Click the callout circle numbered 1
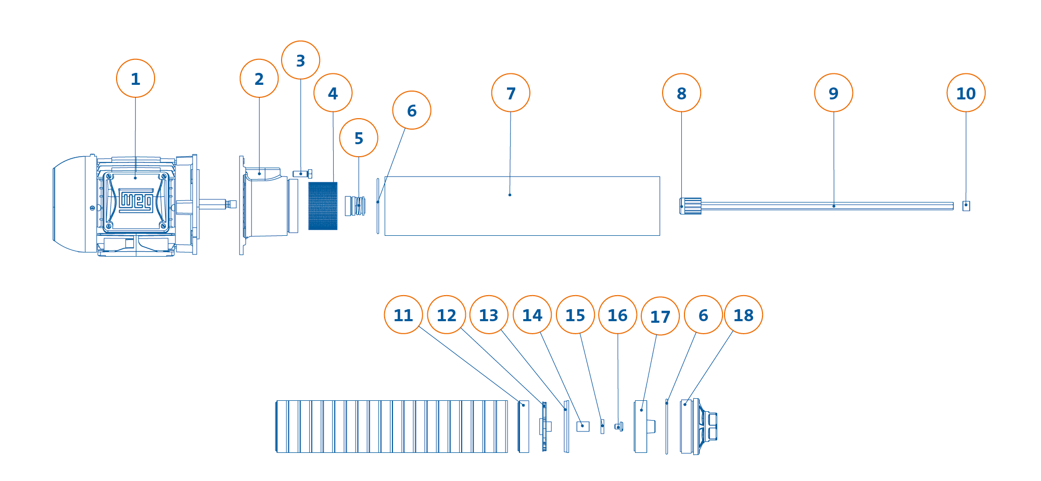click(135, 79)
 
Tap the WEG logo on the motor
click(136, 200)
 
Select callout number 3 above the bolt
click(300, 60)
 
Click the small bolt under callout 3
click(302, 174)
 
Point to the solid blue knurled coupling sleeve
click(323, 206)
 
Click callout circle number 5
click(359, 138)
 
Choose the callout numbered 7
click(511, 93)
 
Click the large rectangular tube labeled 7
click(522, 206)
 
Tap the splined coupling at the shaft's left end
click(690, 206)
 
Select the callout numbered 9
click(833, 93)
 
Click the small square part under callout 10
click(966, 206)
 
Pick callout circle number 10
click(966, 93)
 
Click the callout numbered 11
click(403, 315)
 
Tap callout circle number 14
click(532, 315)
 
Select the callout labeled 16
click(618, 315)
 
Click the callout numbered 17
click(660, 317)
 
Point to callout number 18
click(743, 315)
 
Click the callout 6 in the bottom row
click(703, 315)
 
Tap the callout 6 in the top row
click(412, 110)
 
